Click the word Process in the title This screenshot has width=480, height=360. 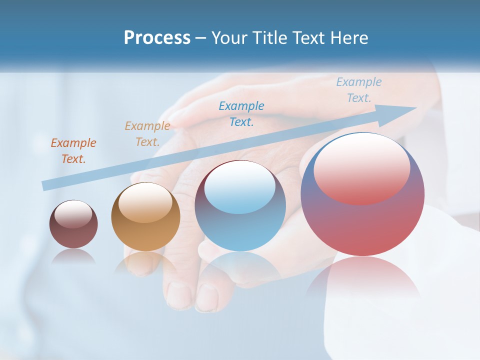click(x=157, y=38)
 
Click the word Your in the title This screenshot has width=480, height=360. click(x=229, y=38)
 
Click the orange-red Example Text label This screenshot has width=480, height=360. click(x=73, y=151)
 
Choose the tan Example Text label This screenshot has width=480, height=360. click(x=147, y=134)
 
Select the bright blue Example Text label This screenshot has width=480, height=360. click(x=241, y=113)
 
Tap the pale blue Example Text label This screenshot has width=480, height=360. click(x=359, y=90)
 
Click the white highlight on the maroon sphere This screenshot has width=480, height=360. click(x=73, y=214)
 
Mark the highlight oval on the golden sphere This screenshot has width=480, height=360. click(x=145, y=202)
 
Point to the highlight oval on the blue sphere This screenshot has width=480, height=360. click(x=240, y=187)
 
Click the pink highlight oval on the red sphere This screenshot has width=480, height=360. click(x=362, y=167)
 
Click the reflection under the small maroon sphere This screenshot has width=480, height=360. click(x=73, y=256)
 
